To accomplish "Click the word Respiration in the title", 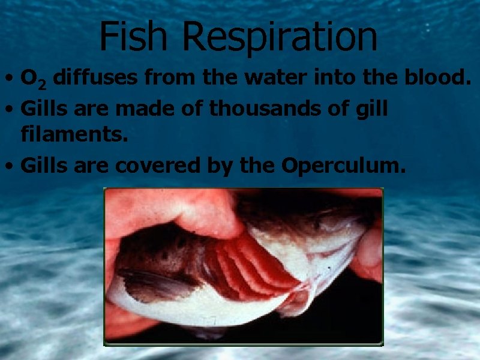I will pyautogui.click(x=280, y=37).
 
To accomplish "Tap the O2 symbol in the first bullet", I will pyautogui.click(x=31, y=79).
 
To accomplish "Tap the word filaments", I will pyautogui.click(x=74, y=137).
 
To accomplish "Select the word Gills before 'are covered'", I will pyautogui.click(x=43, y=166).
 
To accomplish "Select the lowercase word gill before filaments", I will pyautogui.click(x=371, y=109).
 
